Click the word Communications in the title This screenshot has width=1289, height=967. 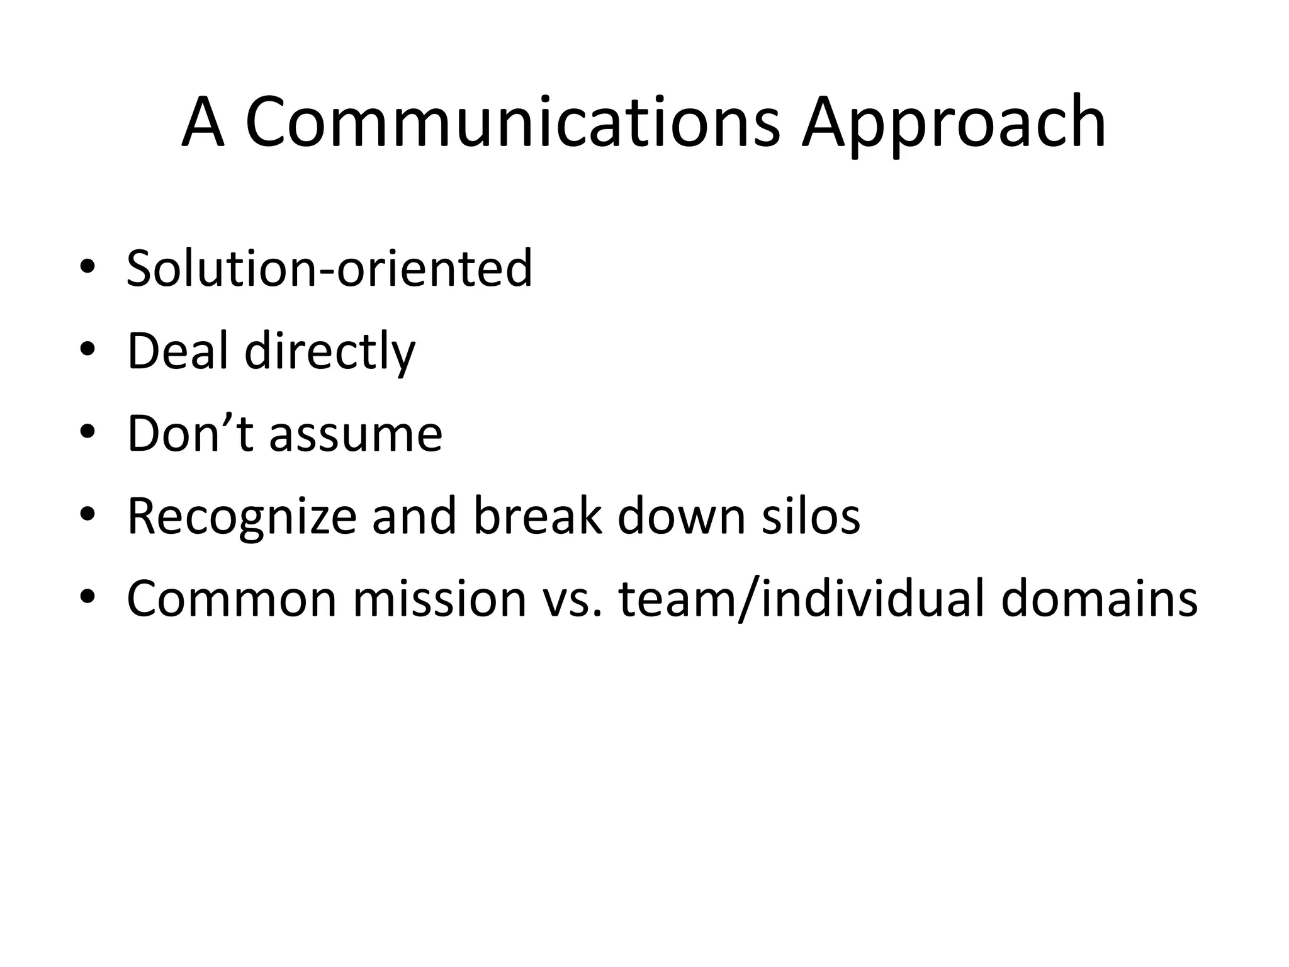pyautogui.click(x=512, y=122)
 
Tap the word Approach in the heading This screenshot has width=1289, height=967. pyautogui.click(x=953, y=126)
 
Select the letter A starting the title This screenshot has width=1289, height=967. pyautogui.click(x=203, y=122)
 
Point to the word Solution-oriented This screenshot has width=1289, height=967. pyautogui.click(x=329, y=268)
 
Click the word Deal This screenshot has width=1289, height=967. pyautogui.click(x=177, y=351)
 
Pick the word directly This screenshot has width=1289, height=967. pyautogui.click(x=330, y=353)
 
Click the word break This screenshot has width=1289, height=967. pyautogui.click(x=537, y=516)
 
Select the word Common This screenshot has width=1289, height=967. pyautogui.click(x=232, y=599)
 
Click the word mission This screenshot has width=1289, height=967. pyautogui.click(x=439, y=599)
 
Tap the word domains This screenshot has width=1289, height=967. pyautogui.click(x=1099, y=599)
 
